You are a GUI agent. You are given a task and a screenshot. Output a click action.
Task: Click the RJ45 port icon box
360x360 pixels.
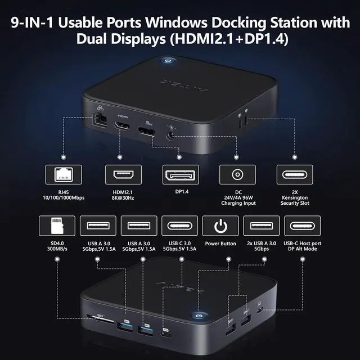tap(62, 175)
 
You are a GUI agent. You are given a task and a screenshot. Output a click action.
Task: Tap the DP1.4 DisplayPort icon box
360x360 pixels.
tap(180, 175)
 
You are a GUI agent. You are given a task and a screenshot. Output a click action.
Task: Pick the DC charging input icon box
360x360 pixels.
tap(237, 175)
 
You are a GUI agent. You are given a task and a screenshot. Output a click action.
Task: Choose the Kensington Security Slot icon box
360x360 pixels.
tap(294, 175)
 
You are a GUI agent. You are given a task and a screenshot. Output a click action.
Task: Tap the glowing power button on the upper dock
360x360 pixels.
tap(168, 61)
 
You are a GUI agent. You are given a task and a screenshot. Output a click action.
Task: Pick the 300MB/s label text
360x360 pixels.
tap(55, 249)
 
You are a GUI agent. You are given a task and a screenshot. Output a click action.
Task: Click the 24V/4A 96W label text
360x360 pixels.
tap(237, 197)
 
